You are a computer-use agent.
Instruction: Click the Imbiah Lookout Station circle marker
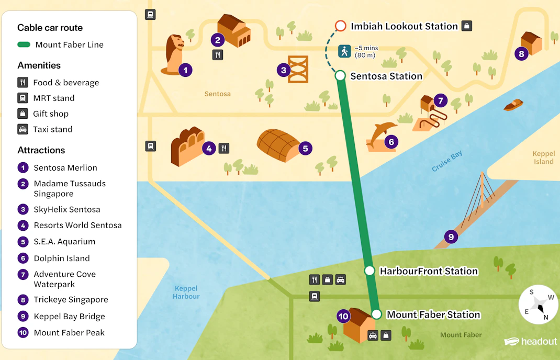[340, 26]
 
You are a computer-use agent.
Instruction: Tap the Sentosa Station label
[386, 76]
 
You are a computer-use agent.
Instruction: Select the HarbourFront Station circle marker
[369, 271]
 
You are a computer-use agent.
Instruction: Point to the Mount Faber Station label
[433, 314]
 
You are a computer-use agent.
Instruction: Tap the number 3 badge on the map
[283, 70]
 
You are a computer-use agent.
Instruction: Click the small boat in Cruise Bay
[513, 105]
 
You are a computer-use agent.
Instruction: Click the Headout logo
[531, 342]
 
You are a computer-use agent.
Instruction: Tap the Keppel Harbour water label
[186, 292]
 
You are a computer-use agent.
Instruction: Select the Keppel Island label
[543, 157]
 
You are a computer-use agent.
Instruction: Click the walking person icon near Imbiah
[344, 51]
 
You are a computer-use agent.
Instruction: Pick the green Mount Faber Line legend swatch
[24, 45]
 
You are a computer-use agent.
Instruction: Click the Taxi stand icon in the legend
[23, 129]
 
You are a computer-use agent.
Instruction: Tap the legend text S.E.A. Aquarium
[64, 242]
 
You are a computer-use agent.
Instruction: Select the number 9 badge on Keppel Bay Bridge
[451, 237]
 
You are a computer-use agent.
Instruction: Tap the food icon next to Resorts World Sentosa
[224, 148]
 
